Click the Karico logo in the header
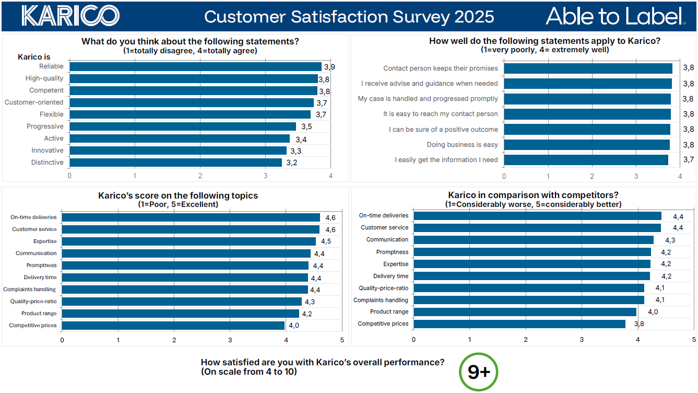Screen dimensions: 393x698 (70, 16)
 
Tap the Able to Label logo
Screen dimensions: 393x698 (615, 16)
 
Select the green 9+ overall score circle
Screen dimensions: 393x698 (478, 372)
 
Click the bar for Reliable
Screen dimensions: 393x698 (195, 66)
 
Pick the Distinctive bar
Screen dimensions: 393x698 (175, 163)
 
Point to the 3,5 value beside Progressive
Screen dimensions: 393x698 (307, 126)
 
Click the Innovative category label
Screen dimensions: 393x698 (48, 151)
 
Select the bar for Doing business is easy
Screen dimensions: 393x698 (586, 145)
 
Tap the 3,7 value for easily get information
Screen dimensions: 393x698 (689, 160)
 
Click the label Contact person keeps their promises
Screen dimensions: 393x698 (441, 68)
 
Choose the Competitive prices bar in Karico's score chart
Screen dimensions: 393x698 (173, 326)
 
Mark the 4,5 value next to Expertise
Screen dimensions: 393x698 (326, 241)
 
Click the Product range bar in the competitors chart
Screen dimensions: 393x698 (525, 312)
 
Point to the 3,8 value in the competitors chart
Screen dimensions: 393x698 (639, 324)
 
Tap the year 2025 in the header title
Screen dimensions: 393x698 (474, 17)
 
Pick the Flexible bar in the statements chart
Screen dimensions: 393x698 (190, 114)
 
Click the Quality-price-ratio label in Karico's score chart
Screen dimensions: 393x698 (33, 302)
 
